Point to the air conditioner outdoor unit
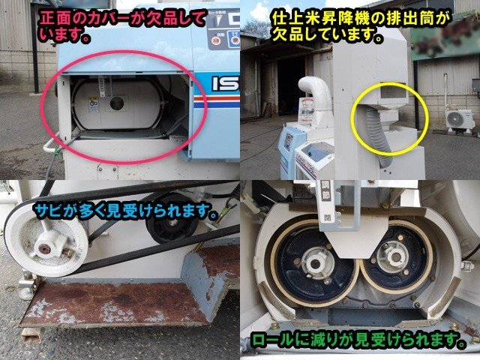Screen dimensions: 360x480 [x=459, y=119]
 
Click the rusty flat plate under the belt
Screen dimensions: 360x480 [x=112, y=300]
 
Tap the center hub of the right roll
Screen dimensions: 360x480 [x=391, y=257]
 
